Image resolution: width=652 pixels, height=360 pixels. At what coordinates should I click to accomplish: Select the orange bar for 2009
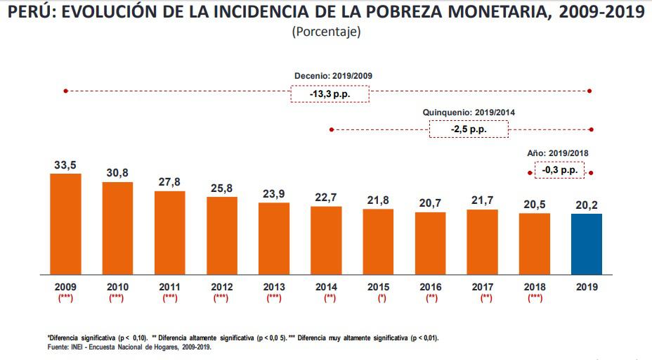(x=65, y=224)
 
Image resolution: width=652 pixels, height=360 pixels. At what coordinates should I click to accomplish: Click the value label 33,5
(x=65, y=165)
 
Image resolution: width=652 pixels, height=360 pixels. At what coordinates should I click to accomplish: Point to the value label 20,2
(x=587, y=205)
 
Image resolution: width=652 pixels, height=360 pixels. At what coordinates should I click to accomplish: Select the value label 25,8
(x=222, y=188)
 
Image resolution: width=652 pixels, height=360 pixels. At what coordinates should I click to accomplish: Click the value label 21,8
(x=378, y=200)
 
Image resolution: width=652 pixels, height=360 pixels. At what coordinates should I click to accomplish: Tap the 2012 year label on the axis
(x=222, y=287)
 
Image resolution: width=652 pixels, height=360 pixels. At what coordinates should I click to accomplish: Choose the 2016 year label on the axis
(x=430, y=287)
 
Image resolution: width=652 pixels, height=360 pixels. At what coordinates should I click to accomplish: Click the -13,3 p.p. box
(x=329, y=94)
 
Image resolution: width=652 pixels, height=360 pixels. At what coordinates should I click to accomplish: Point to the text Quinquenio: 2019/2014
(x=469, y=112)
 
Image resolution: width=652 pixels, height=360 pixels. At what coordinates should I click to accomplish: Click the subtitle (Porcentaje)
(x=325, y=32)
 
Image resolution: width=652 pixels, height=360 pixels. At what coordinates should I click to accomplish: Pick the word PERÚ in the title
(x=30, y=13)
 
